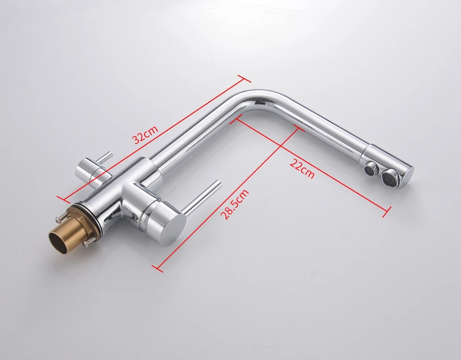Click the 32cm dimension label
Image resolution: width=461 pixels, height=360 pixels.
[146, 135]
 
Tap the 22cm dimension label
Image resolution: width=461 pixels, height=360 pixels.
[302, 168]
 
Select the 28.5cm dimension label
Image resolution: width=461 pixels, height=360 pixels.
[235, 204]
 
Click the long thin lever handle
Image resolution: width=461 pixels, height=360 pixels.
[201, 195]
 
